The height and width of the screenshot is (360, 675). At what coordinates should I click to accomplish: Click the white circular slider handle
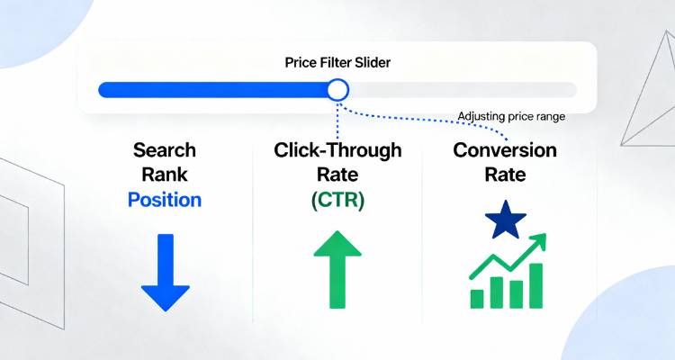pyautogui.click(x=337, y=89)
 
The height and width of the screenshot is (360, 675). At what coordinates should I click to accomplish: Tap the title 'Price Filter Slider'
pyautogui.click(x=337, y=63)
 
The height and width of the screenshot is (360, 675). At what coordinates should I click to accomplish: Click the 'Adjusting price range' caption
pyautogui.click(x=511, y=116)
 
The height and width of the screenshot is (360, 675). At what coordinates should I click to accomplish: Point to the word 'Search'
pyautogui.click(x=165, y=150)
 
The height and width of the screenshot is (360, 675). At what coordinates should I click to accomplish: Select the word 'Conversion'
pyautogui.click(x=505, y=150)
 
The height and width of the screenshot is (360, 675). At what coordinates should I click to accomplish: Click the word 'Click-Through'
pyautogui.click(x=337, y=150)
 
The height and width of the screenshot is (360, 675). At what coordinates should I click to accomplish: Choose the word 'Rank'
pyautogui.click(x=165, y=174)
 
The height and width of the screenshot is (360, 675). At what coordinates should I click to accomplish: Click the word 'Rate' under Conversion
pyautogui.click(x=505, y=174)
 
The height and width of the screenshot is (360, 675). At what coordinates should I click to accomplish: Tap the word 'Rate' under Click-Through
pyautogui.click(x=337, y=174)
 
